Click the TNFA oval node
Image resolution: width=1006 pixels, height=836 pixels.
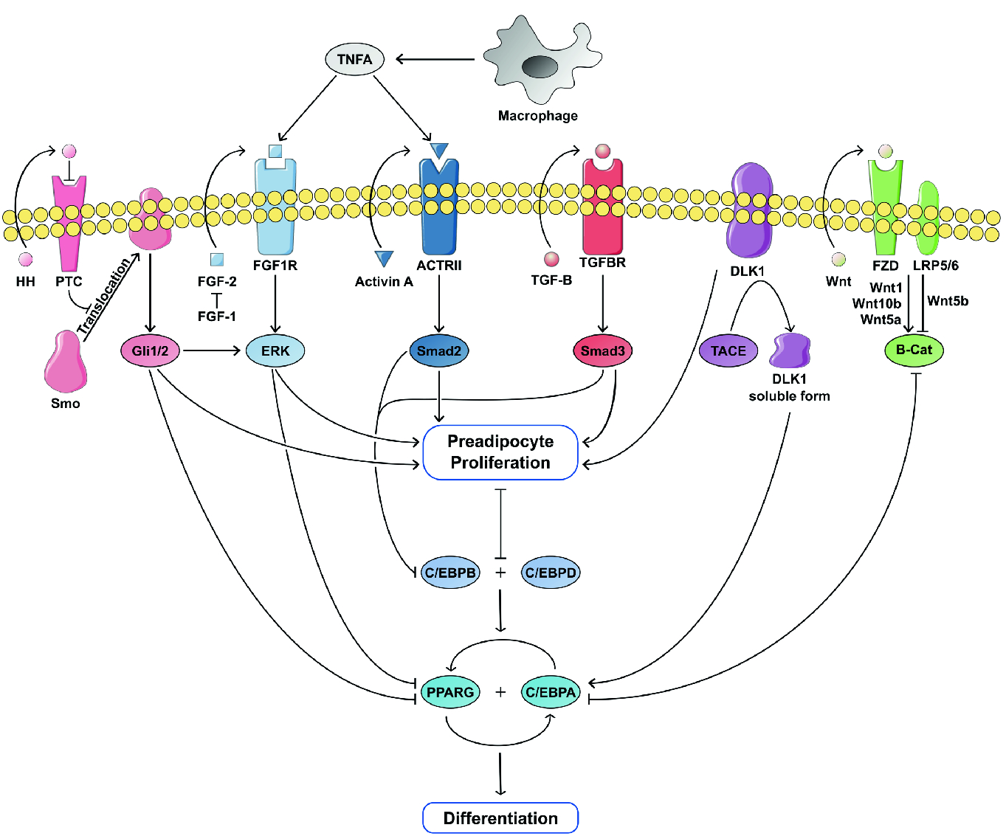pos(354,60)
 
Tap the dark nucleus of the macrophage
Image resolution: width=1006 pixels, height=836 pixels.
pos(540,66)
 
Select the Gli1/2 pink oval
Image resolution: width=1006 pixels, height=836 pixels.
pos(151,350)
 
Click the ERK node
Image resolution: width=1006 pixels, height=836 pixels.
pos(275,350)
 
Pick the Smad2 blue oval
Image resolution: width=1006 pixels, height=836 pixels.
pos(439,350)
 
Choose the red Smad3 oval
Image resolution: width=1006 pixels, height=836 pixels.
pos(603,350)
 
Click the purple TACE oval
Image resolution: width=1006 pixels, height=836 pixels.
pos(728,350)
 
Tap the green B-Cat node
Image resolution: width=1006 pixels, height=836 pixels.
pos(914,350)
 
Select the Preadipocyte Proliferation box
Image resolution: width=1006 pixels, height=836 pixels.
pos(500,452)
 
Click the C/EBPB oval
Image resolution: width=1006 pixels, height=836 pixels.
pos(450,573)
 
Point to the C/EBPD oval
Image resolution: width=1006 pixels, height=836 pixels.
pos(551,573)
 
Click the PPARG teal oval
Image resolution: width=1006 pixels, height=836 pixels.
pos(450,692)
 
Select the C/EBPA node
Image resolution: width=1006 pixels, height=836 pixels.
pos(551,692)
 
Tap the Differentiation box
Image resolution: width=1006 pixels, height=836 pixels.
pos(500,818)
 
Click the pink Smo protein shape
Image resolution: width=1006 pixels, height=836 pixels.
pos(65,364)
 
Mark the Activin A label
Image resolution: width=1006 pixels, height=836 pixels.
pos(384,282)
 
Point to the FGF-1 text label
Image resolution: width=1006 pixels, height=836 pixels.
pos(217,317)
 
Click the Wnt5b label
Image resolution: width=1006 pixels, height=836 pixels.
pos(948,301)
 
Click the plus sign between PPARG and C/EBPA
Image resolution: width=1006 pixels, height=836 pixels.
pos(500,692)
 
